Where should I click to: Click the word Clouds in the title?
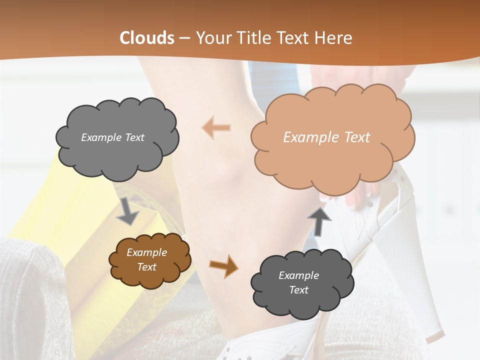click(x=146, y=38)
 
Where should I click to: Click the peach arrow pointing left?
click(x=216, y=127)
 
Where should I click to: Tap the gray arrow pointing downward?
click(x=127, y=210)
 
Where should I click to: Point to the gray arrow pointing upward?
click(x=319, y=220)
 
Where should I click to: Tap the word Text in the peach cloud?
click(x=356, y=137)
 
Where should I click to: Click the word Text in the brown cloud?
click(x=146, y=267)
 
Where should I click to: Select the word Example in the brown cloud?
click(x=146, y=252)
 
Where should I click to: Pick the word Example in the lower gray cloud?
click(x=298, y=275)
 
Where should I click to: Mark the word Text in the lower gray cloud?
click(x=298, y=290)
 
